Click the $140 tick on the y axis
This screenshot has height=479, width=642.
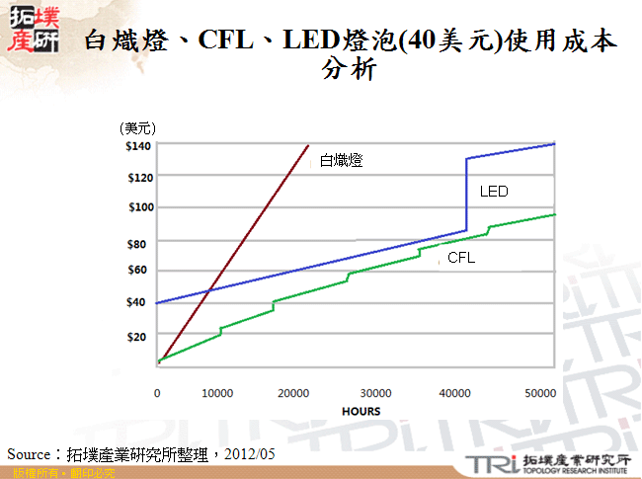(x=138, y=146)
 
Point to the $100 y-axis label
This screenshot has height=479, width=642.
(x=138, y=207)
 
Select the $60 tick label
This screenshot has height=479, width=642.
(x=137, y=270)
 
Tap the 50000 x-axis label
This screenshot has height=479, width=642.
(x=540, y=393)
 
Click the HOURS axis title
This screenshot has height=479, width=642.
(x=361, y=411)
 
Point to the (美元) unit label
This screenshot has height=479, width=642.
(x=137, y=128)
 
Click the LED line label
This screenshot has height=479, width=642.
(x=494, y=192)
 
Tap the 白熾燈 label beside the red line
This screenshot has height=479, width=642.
(x=341, y=160)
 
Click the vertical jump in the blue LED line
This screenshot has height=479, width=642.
(x=466, y=195)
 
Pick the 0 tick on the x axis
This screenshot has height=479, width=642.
(x=157, y=393)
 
